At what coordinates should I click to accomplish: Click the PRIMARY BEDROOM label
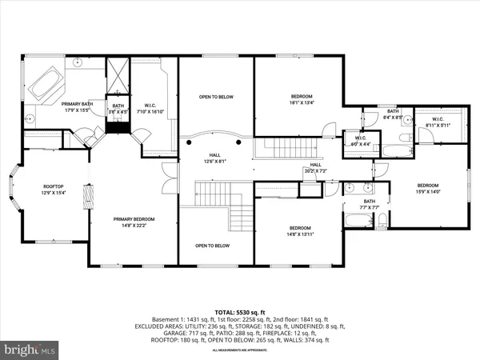click(x=133, y=222)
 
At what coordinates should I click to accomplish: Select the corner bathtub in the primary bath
click(x=45, y=86)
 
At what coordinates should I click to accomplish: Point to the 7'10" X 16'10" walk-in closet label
click(x=149, y=110)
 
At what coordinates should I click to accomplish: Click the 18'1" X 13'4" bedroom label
click(x=296, y=99)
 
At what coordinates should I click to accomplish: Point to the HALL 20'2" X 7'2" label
click(x=316, y=168)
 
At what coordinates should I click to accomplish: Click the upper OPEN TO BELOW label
click(x=216, y=97)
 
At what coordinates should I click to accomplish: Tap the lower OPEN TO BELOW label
click(x=214, y=246)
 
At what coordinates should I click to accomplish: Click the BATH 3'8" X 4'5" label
click(x=118, y=109)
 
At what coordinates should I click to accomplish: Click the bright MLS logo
click(x=30, y=350)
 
